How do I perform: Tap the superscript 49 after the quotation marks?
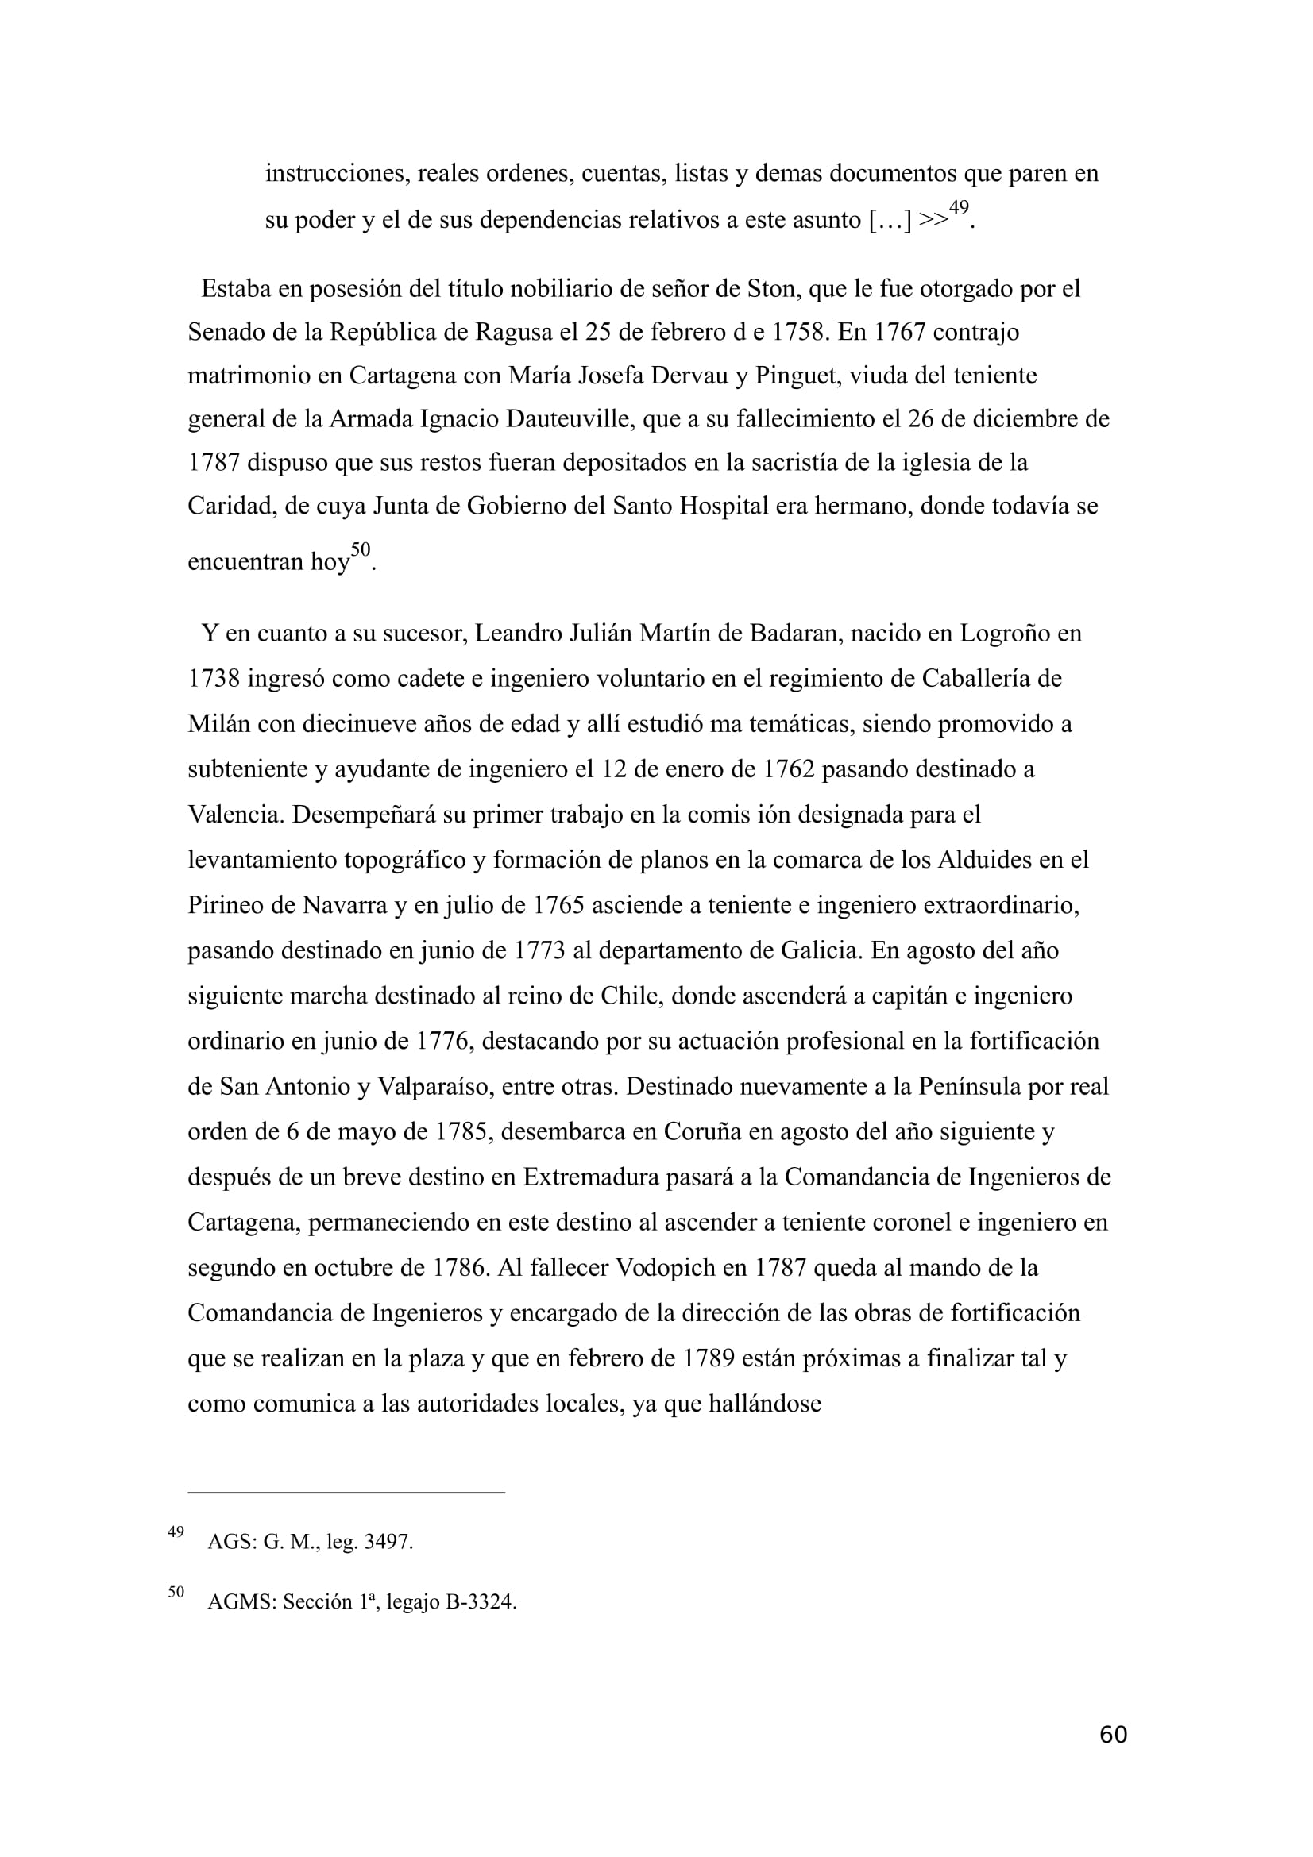(x=958, y=208)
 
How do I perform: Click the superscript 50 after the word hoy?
(x=361, y=550)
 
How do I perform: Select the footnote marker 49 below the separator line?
(x=176, y=1531)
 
